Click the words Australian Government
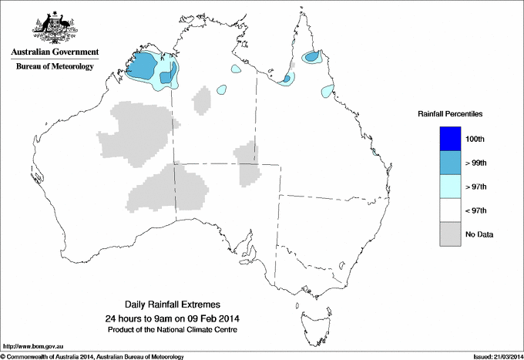coord(55,52)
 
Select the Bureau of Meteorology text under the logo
coord(55,66)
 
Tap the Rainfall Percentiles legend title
coord(450,113)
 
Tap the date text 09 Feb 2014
coord(220,318)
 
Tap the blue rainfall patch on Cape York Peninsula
coord(312,56)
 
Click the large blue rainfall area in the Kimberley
coord(144,66)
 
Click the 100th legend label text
coord(475,138)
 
